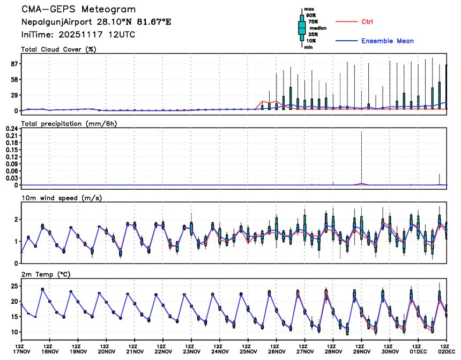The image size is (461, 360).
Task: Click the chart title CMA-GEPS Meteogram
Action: click(78, 10)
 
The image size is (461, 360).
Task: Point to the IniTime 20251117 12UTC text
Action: click(78, 34)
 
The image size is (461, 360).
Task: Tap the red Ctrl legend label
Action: click(367, 22)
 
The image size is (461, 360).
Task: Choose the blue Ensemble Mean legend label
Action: click(387, 41)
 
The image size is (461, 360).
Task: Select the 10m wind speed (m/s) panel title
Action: click(61, 198)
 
